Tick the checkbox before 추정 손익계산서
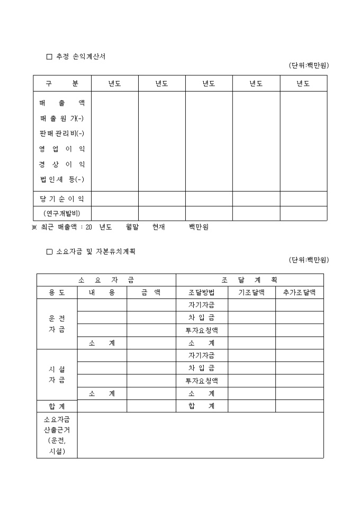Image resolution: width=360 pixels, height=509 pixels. click(49, 57)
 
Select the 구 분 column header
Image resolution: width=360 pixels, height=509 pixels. click(62, 84)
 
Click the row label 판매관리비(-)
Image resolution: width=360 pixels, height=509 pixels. click(62, 133)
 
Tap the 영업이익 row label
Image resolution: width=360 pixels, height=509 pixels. click(62, 149)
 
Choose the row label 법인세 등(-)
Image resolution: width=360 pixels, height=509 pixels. click(62, 180)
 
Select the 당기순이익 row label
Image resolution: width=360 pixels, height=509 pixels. click(62, 199)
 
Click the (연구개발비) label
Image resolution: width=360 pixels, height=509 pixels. click(62, 214)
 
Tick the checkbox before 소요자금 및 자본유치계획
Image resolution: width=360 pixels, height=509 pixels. click(49, 252)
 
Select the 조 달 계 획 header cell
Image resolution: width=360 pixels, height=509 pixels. click(249, 280)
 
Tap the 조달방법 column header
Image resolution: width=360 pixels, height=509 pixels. click(202, 293)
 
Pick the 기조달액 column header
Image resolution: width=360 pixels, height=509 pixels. click(251, 293)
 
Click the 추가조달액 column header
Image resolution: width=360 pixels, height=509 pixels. click(299, 293)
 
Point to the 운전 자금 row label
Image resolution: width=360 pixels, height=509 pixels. click(57, 324)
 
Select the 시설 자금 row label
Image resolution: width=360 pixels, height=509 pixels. click(57, 375)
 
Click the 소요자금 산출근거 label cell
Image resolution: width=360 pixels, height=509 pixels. click(57, 435)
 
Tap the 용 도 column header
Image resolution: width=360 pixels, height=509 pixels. click(57, 293)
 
